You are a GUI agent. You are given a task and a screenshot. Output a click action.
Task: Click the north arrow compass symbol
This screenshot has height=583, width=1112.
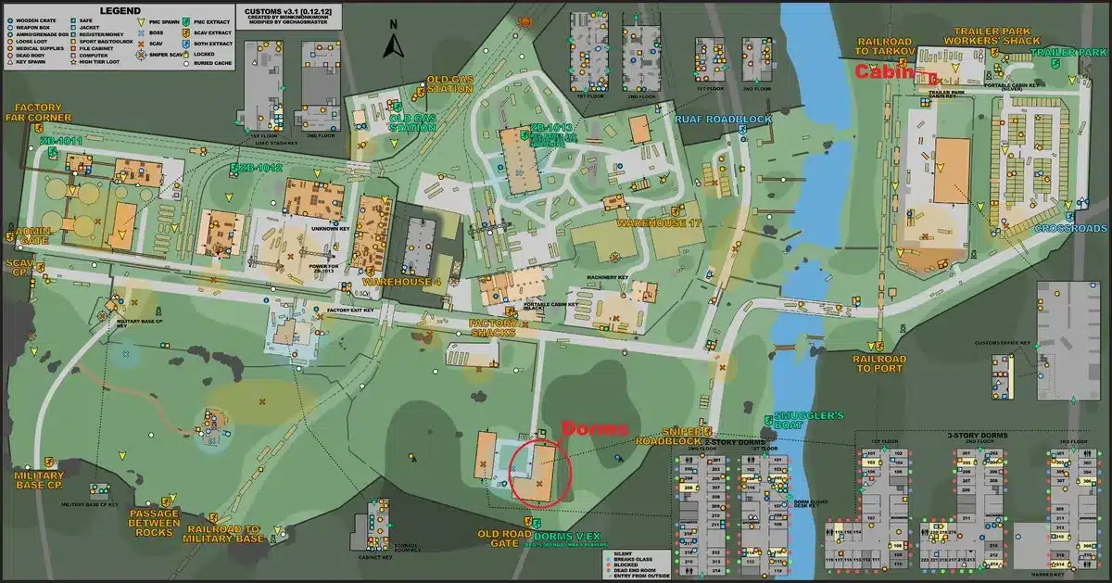393,44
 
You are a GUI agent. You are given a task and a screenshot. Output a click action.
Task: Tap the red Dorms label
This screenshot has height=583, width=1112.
595,428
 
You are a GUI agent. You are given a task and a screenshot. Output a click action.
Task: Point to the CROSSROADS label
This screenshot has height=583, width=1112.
1071,229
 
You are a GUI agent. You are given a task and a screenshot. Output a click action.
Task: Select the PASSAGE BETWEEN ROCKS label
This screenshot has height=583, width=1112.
154,521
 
